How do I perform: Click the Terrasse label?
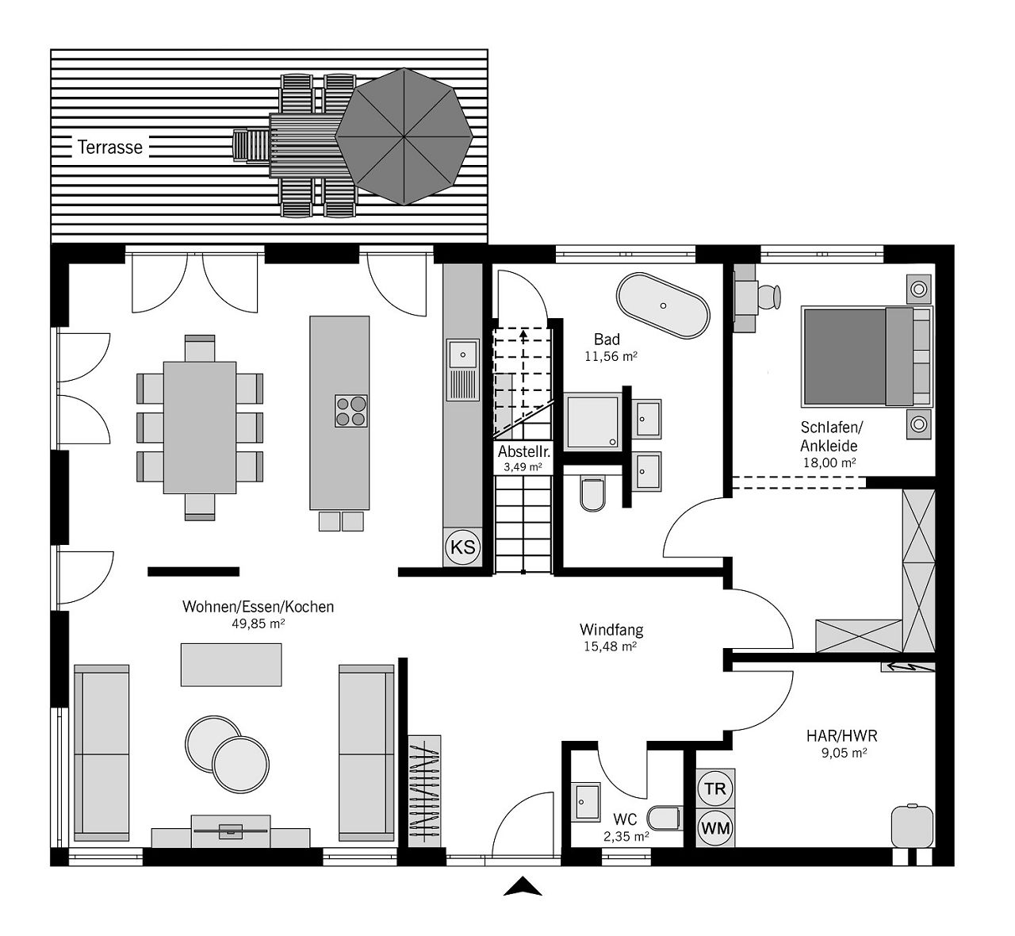110,148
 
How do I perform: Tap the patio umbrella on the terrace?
404,136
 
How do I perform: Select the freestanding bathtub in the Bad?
663,305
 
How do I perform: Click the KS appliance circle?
463,547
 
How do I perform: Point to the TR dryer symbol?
715,788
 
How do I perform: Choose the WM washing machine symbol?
715,828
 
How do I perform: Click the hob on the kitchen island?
351,411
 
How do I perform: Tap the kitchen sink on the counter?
463,370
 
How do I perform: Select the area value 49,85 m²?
258,623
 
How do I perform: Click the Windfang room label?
611,629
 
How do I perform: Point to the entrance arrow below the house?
523,886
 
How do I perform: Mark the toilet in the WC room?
664,819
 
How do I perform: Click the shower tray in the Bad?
593,422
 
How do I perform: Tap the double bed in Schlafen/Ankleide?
867,356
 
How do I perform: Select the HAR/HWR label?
842,736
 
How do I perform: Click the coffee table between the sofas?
231,665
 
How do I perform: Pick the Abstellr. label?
524,451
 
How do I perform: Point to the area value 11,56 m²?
611,356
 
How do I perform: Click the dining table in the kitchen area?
200,428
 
